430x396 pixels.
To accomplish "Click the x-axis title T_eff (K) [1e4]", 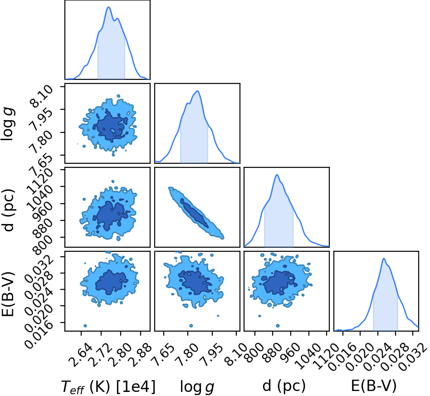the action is point(108,386).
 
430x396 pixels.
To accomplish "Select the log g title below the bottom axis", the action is point(197,387).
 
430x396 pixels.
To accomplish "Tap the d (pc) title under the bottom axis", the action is point(284,386).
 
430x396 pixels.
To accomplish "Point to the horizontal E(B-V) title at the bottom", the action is point(374,386).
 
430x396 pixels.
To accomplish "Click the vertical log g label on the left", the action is point(8,124).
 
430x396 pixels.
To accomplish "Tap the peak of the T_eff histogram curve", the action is point(108,7).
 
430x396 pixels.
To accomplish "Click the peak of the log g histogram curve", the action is point(197,91).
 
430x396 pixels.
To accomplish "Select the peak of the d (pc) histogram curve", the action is point(277,175).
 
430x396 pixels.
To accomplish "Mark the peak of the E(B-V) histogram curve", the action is point(384,259).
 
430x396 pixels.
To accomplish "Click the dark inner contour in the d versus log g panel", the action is point(195,213).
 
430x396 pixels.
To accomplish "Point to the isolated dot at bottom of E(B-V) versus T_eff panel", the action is point(85,326).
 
